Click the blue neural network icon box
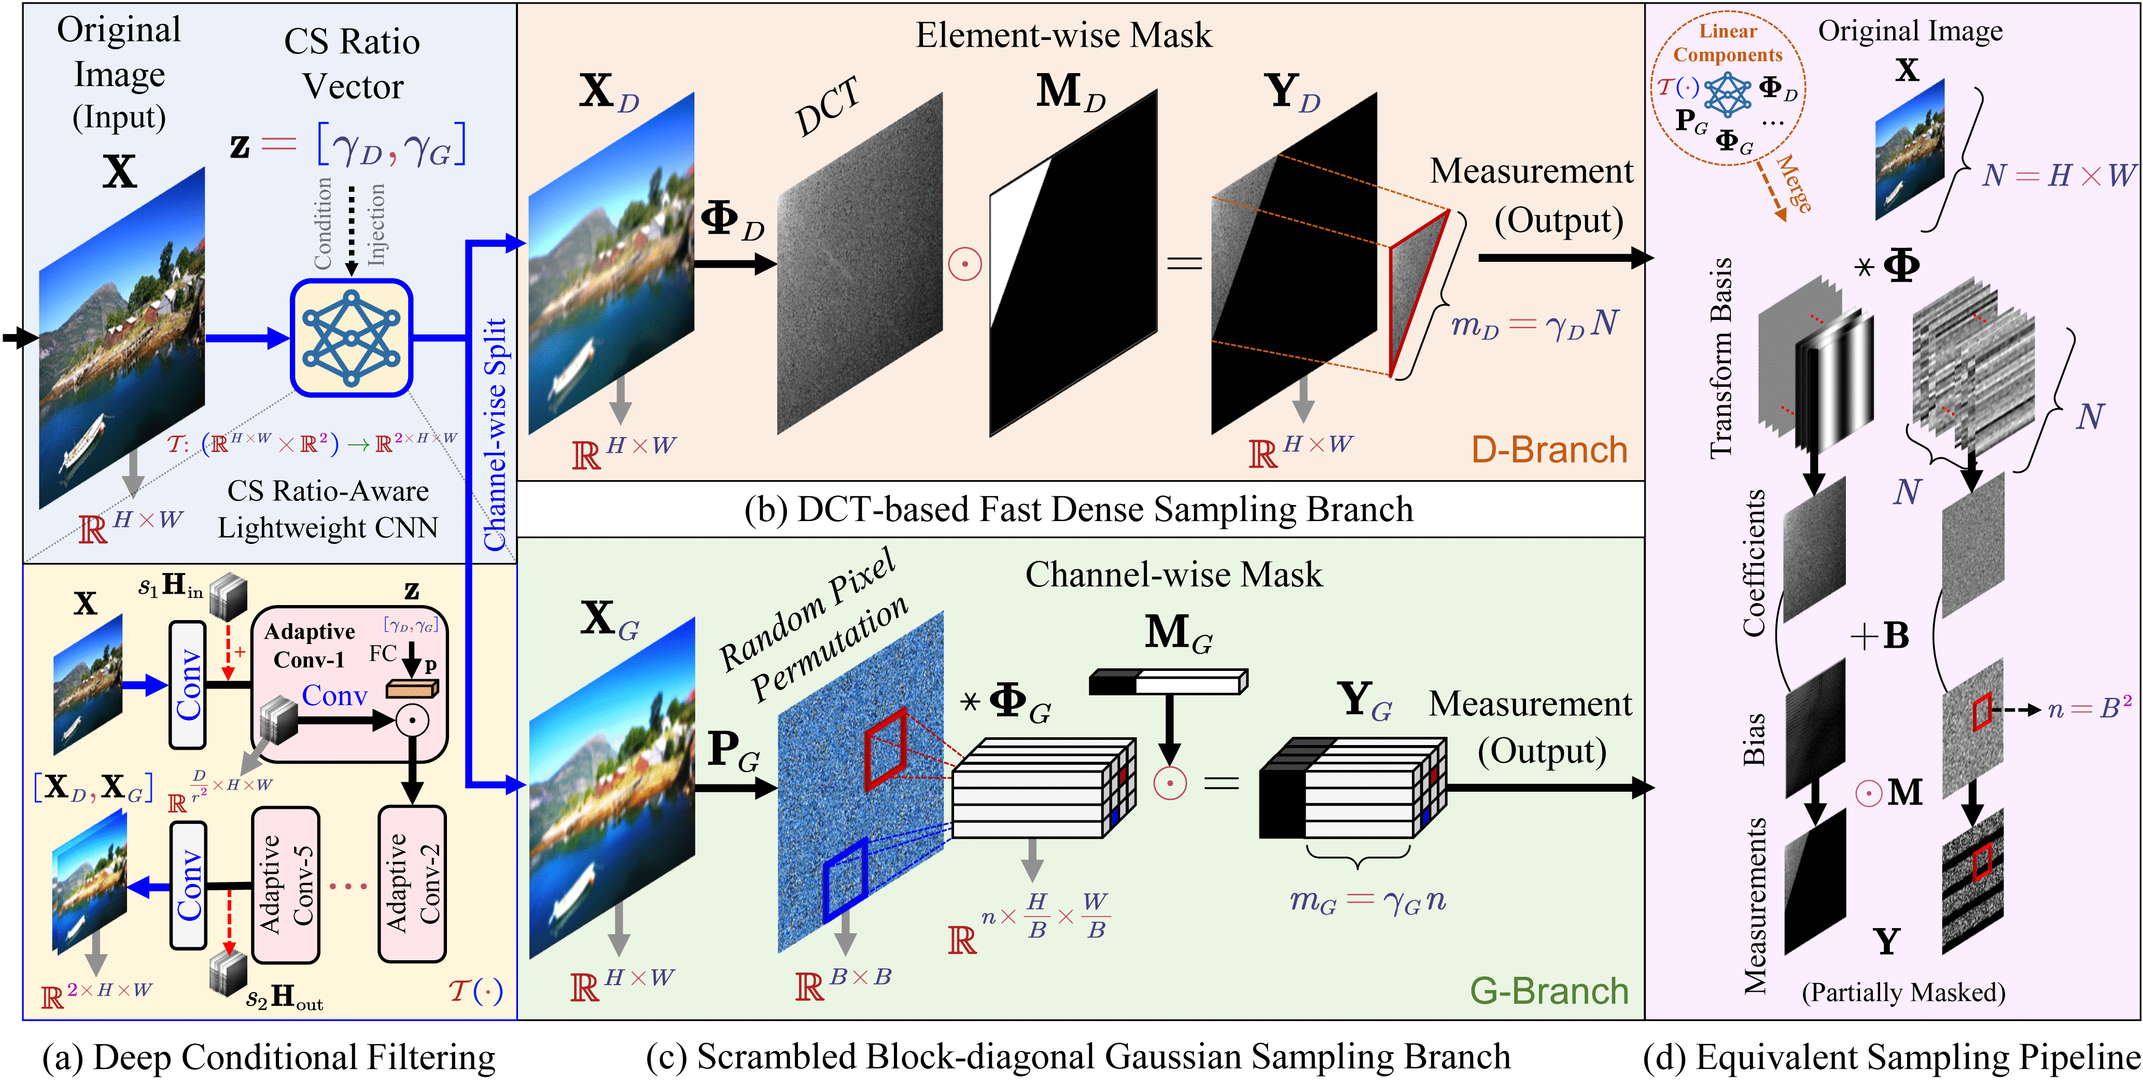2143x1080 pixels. [351, 338]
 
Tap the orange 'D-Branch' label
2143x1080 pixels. [1549, 450]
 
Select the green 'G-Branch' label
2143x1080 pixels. [1549, 991]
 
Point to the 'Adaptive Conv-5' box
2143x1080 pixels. [285, 885]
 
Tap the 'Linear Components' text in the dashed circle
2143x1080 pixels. [1728, 43]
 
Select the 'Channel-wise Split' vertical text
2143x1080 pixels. [496, 432]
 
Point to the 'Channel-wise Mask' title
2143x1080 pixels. [1173, 574]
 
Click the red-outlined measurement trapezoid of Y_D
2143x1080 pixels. [1419, 291]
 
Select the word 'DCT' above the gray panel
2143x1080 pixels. [827, 106]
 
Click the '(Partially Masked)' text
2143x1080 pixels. [1903, 992]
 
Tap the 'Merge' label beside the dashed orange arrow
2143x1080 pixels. [1794, 183]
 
